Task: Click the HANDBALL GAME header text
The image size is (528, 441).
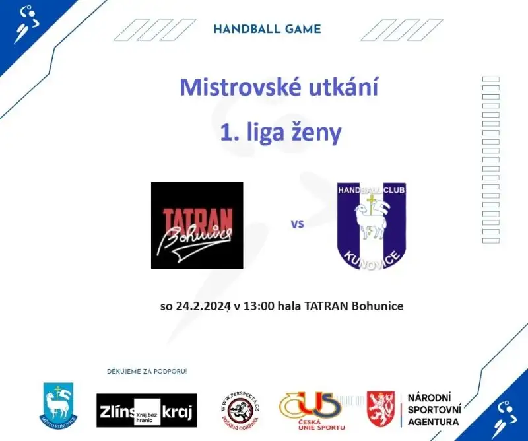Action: (267, 29)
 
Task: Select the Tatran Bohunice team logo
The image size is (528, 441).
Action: (197, 225)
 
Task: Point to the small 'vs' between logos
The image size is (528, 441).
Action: (297, 224)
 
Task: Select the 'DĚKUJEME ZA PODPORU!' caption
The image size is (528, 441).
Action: (147, 372)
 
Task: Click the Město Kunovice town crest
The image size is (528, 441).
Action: (58, 403)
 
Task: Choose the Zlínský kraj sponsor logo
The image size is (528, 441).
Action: (147, 411)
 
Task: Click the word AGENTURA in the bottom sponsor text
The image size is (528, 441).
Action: (434, 422)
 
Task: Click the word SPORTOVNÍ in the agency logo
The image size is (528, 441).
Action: (434, 409)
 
